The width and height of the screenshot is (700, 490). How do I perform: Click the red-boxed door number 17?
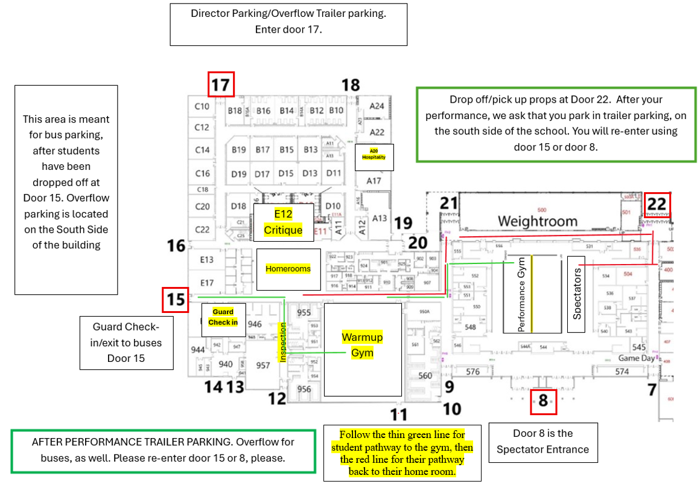[221, 85]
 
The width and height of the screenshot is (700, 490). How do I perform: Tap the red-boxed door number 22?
[657, 204]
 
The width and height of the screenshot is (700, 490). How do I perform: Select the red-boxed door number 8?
[543, 401]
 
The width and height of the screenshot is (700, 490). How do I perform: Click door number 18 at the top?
[351, 85]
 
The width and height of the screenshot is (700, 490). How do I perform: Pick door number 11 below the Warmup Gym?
[398, 414]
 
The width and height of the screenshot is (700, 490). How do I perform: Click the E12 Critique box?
[283, 222]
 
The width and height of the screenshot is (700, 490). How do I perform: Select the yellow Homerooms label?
[288, 268]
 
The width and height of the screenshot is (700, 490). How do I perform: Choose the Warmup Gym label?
[362, 345]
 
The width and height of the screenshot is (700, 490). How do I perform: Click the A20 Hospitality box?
[374, 156]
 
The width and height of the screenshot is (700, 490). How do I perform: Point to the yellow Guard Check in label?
[223, 317]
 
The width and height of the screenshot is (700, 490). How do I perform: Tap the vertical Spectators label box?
[577, 294]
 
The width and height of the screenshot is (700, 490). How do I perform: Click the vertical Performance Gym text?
[521, 296]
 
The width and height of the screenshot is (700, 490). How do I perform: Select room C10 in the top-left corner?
[202, 106]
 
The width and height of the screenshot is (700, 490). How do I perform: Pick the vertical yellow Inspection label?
[282, 342]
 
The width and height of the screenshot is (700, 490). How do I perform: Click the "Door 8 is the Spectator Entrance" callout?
[543, 442]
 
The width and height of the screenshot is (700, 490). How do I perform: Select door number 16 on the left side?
[176, 246]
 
